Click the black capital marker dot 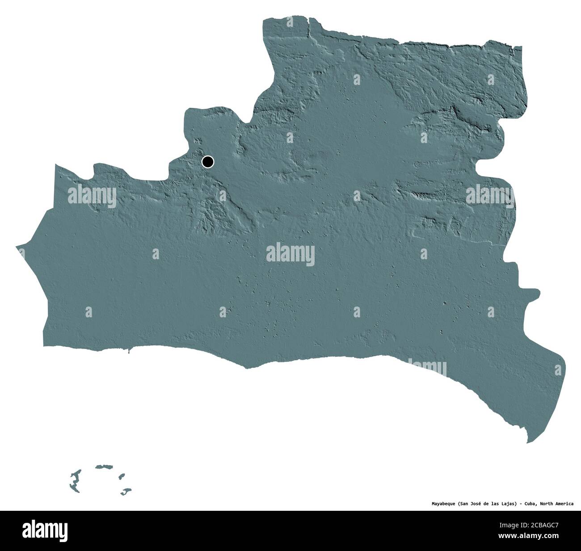(x=208, y=161)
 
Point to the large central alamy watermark (x=290, y=255)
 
